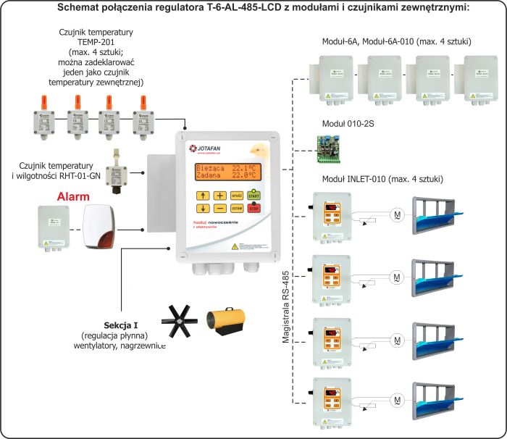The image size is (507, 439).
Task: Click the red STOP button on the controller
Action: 253,209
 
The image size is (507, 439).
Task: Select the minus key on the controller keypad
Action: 219,209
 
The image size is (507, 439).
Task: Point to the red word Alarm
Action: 73,196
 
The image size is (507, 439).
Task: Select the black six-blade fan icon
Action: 181,321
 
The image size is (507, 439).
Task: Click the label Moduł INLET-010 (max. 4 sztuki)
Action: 382,178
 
